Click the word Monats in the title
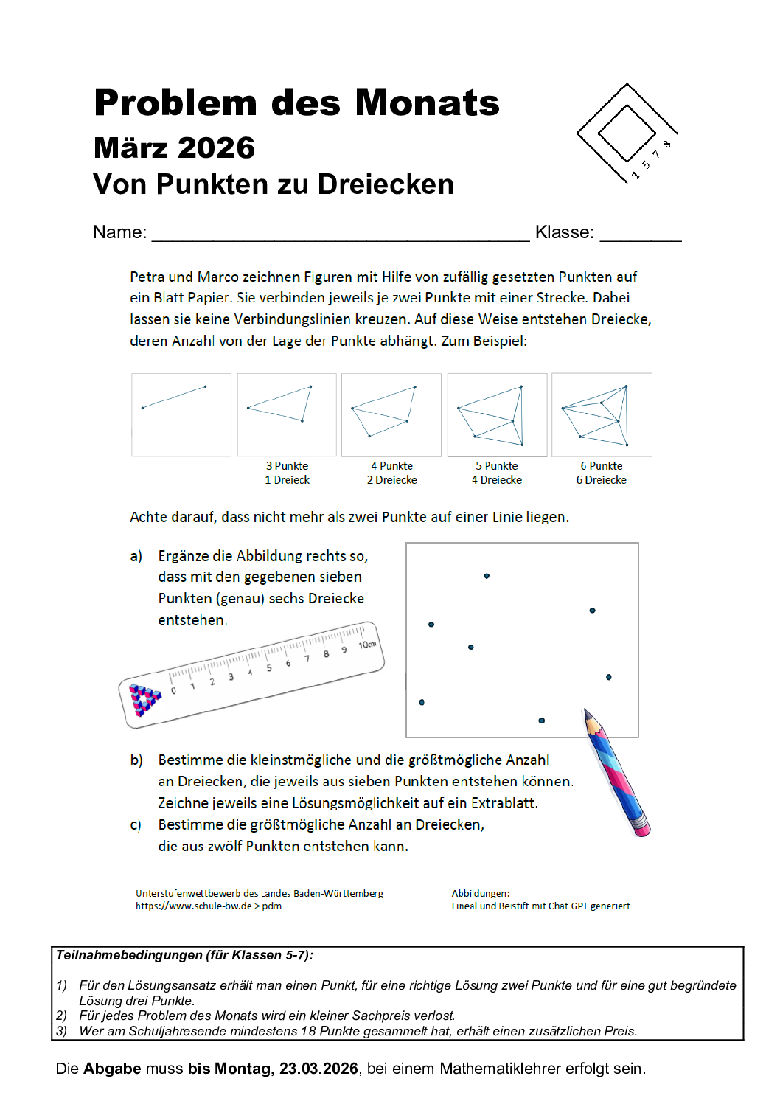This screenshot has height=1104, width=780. point(428,103)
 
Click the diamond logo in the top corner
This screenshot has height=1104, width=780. point(627,131)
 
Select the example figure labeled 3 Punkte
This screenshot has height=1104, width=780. point(287,414)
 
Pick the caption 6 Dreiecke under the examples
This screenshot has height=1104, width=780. point(601,480)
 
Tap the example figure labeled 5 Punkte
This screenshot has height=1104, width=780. point(497,414)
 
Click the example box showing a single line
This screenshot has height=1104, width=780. point(181,414)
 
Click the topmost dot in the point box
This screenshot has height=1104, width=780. point(487,576)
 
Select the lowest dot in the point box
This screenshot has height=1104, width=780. point(542,720)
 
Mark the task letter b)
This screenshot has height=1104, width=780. point(136,760)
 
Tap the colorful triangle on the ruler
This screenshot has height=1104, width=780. point(144,698)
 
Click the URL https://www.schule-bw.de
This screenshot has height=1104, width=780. point(193,906)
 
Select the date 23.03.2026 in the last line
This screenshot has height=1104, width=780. point(318,1069)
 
